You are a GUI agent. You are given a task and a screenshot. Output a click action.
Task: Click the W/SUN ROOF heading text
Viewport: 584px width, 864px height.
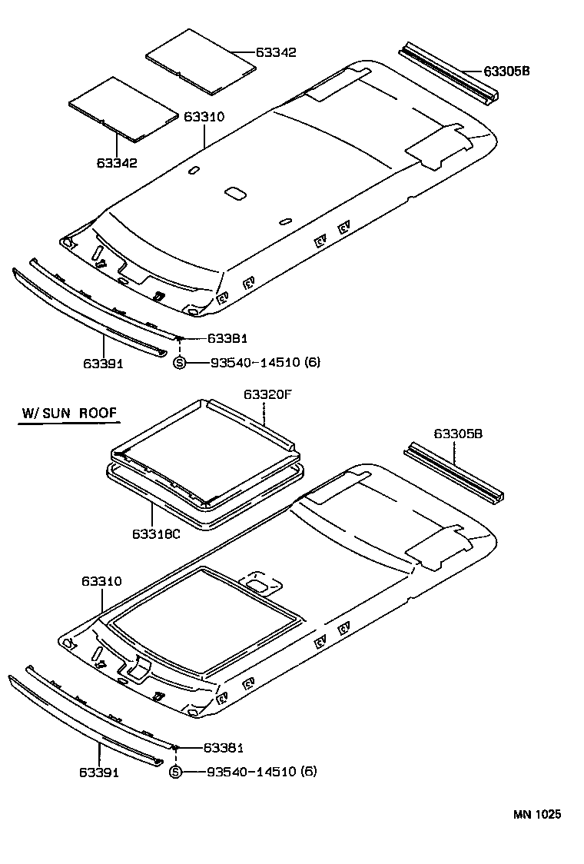[69, 414]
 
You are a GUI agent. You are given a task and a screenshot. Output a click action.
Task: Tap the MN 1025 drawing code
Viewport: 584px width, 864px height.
[538, 814]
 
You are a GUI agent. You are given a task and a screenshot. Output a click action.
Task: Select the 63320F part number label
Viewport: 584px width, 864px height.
[269, 394]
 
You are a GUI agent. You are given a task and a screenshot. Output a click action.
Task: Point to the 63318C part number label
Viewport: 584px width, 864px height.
[156, 533]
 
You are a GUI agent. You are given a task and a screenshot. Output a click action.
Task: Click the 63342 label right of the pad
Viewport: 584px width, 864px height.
[276, 52]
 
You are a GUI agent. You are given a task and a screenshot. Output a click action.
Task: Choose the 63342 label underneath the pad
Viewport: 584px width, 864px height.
[117, 163]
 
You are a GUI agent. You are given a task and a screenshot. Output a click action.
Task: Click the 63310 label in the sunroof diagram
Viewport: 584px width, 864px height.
[101, 582]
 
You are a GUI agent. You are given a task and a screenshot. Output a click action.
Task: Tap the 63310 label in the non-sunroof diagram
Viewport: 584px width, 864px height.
[204, 117]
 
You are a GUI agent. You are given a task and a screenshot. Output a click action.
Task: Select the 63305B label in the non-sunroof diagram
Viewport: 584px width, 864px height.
[507, 71]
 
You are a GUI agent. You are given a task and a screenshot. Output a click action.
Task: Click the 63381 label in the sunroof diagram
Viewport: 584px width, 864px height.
[224, 747]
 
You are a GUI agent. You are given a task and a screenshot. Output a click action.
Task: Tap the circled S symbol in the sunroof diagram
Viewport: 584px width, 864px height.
[175, 772]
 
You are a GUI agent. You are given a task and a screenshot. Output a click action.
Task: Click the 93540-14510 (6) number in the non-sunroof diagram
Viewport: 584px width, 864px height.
[265, 362]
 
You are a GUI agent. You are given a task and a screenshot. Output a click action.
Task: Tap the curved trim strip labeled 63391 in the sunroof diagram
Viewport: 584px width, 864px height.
[85, 723]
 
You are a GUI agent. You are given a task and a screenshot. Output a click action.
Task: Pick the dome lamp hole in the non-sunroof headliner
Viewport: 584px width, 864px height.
[235, 192]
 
